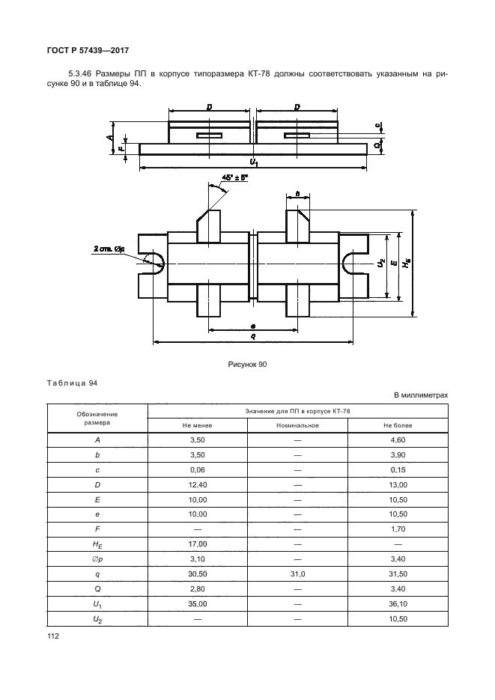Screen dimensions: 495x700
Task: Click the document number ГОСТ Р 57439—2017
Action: pyautogui.click(x=88, y=50)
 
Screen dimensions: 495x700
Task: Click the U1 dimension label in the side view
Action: pyautogui.click(x=254, y=162)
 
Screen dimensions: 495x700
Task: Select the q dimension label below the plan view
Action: pyautogui.click(x=253, y=337)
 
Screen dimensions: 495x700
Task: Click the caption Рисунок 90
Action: pyautogui.click(x=247, y=365)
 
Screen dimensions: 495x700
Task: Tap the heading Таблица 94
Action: pyautogui.click(x=72, y=383)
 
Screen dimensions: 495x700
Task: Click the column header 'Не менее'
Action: pyautogui.click(x=197, y=425)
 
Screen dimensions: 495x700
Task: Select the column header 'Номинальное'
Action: pyautogui.click(x=297, y=425)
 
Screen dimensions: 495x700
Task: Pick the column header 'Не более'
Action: pyautogui.click(x=398, y=425)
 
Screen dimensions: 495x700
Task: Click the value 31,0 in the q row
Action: pyautogui.click(x=298, y=574)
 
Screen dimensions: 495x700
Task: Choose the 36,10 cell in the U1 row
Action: pyautogui.click(x=398, y=604)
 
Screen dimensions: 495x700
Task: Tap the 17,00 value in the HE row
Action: pyautogui.click(x=198, y=544)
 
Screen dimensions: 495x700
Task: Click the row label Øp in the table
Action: pyautogui.click(x=97, y=559)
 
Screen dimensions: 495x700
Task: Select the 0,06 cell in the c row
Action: pyautogui.click(x=198, y=469)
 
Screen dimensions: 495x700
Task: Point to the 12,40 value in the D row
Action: pyautogui.click(x=198, y=485)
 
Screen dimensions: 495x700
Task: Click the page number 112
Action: pyautogui.click(x=52, y=636)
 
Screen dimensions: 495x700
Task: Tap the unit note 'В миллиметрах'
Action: pyautogui.click(x=421, y=395)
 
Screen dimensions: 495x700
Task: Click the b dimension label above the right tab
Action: pyautogui.click(x=298, y=194)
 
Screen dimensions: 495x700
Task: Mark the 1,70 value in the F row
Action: pyautogui.click(x=398, y=529)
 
